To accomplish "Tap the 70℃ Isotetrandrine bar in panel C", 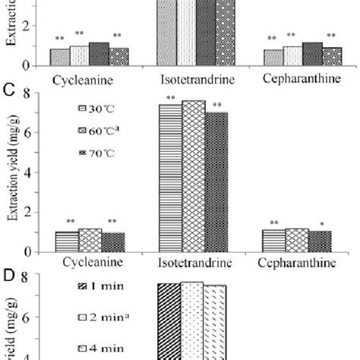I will pos(216,182).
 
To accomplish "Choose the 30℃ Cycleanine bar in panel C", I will pos(67,242).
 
